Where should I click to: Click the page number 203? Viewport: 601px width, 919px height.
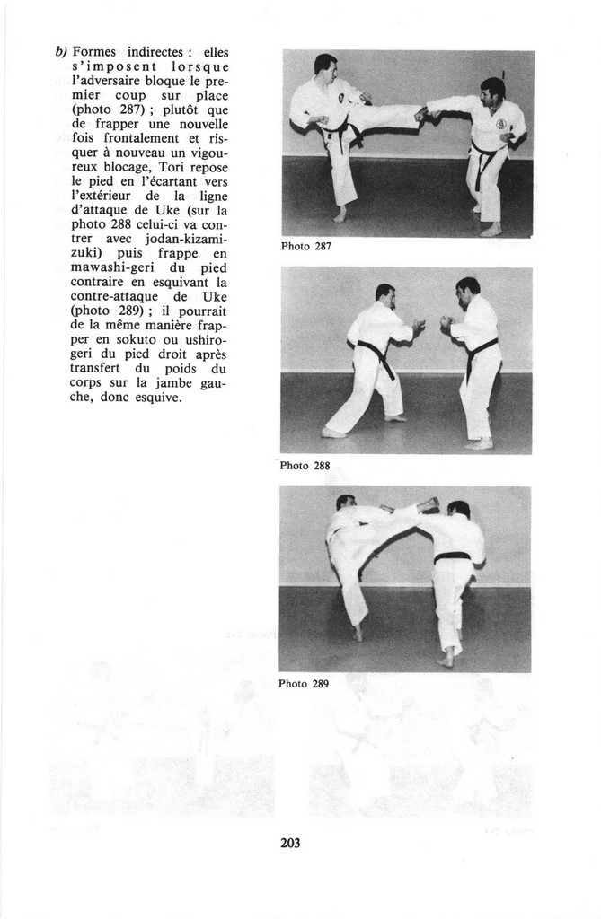click(290, 843)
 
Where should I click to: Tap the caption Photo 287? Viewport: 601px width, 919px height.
click(306, 247)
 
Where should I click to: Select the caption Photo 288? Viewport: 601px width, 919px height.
click(305, 466)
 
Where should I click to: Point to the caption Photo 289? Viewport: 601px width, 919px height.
click(304, 684)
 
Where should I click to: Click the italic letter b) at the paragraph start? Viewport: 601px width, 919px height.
click(61, 52)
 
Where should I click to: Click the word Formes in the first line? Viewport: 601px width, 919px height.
click(99, 52)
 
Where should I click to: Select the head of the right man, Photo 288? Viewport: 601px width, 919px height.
click(467, 290)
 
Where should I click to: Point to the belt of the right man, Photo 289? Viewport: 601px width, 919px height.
click(453, 557)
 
